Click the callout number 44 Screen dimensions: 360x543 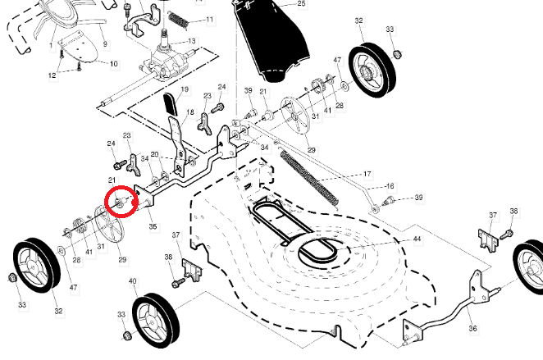[x=417, y=239]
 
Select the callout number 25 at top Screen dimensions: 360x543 [x=301, y=4]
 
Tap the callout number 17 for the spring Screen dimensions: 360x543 [x=367, y=175]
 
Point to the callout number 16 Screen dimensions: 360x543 [x=390, y=186]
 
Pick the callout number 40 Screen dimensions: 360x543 [x=133, y=281]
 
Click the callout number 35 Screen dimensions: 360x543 [x=153, y=226]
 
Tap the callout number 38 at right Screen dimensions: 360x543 [x=513, y=212]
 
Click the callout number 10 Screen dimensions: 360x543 [x=113, y=63]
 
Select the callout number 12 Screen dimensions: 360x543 [x=52, y=75]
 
